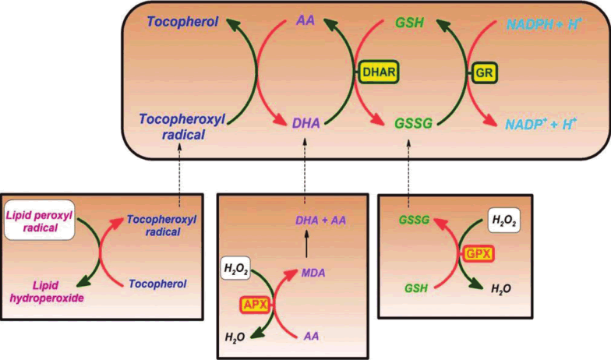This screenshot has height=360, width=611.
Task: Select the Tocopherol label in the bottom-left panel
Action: tap(157, 284)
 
